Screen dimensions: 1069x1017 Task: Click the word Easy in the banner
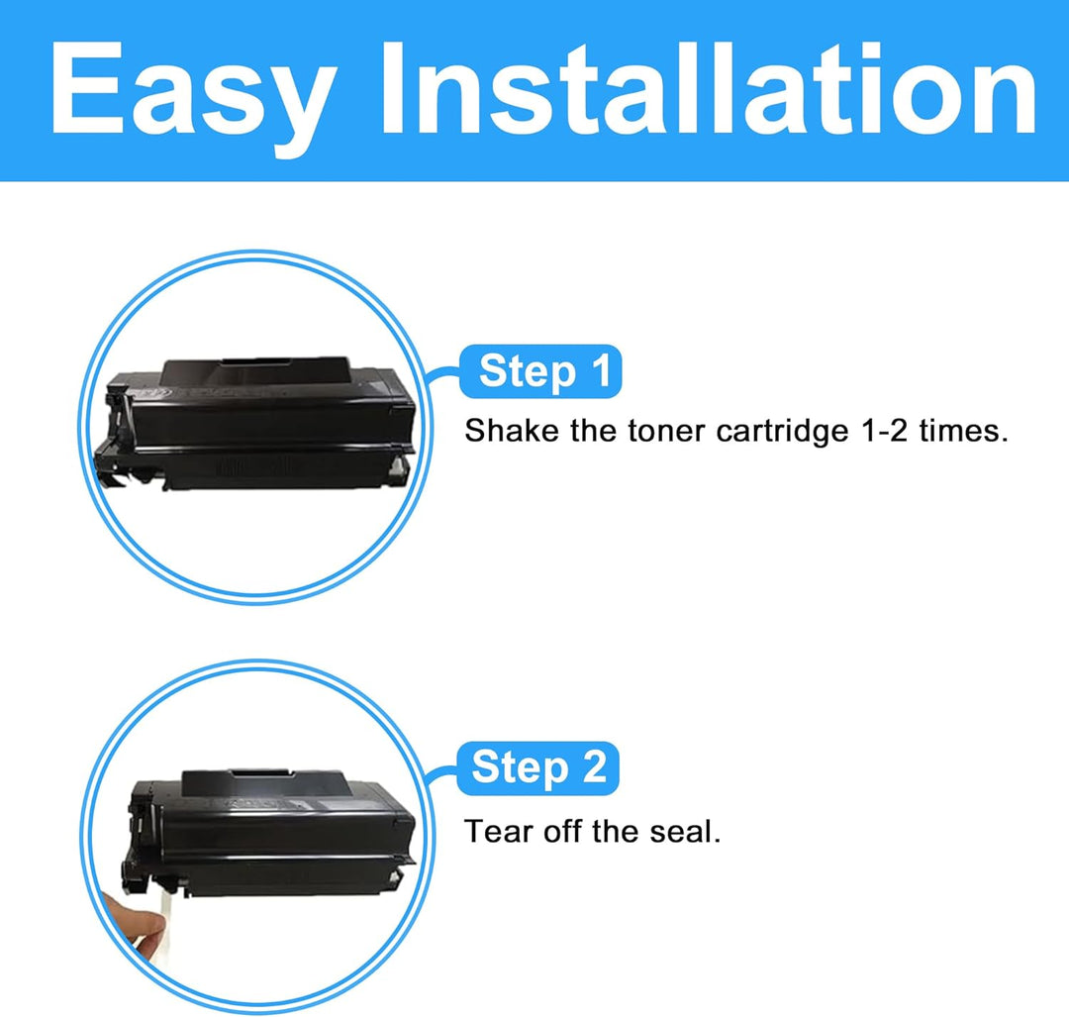click(x=193, y=93)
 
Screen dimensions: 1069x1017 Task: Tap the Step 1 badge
click(x=540, y=371)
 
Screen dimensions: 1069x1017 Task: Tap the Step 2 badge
click(x=537, y=768)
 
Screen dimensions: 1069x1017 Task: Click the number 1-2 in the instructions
click(x=884, y=431)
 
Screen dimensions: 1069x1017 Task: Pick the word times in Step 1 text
click(x=963, y=432)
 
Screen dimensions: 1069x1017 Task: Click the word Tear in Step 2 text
click(x=498, y=832)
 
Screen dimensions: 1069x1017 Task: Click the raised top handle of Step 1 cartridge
click(x=255, y=370)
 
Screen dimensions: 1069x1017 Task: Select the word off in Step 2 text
click(x=562, y=832)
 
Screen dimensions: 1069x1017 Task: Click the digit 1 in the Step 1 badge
click(x=601, y=371)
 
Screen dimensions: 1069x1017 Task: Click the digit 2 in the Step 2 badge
click(x=594, y=767)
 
